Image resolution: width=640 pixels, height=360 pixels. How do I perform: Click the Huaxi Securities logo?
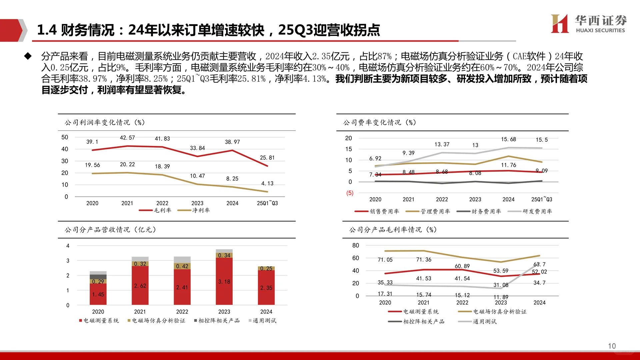tap(588, 24)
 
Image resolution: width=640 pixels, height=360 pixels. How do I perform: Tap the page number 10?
tap(612, 346)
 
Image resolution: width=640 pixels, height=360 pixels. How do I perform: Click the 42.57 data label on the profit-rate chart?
tap(127, 138)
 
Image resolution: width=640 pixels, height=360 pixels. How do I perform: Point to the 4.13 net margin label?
tap(267, 183)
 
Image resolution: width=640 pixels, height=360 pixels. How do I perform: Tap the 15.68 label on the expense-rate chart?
tap(508, 139)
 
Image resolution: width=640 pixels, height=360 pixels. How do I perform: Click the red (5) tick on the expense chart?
tap(350, 193)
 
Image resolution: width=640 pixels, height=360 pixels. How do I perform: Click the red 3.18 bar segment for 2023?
tap(224, 282)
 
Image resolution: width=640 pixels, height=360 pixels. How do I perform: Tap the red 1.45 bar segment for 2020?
tap(98, 294)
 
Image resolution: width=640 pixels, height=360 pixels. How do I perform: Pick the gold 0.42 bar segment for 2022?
tap(182, 266)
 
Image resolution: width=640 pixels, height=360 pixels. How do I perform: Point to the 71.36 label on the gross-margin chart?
tap(423, 260)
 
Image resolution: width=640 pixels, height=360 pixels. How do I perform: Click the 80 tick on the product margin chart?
tap(356, 245)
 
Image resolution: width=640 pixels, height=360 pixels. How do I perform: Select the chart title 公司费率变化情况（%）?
tap(379, 122)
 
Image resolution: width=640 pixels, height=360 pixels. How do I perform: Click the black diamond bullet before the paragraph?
tap(28, 56)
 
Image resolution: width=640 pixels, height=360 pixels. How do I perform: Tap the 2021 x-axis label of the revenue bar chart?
tap(140, 312)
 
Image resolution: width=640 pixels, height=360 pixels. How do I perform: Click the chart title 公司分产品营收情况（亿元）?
tap(110, 230)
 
